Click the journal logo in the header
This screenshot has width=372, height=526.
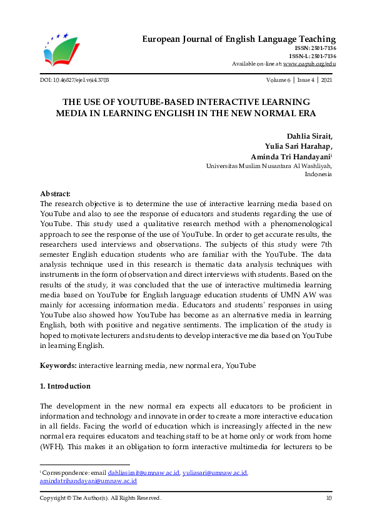61,51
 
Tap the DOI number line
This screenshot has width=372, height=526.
74,81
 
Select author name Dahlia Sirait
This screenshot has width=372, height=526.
309,136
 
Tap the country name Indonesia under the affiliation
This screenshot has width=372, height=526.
318,175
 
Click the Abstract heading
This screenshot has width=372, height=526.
55,194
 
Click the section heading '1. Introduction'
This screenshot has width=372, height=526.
65,386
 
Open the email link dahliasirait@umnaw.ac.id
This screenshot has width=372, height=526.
144,474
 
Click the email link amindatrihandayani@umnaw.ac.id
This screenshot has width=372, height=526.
88,482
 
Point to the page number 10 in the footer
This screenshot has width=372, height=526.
329,498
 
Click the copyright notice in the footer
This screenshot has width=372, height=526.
101,498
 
